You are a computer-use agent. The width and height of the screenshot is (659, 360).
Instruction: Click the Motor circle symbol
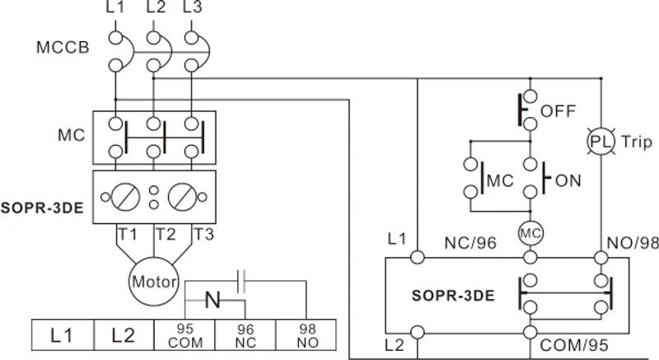pyautogui.click(x=154, y=282)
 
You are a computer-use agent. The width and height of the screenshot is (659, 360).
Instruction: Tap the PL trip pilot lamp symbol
pyautogui.click(x=601, y=141)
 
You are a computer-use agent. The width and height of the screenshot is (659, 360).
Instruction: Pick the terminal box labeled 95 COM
pyautogui.click(x=184, y=334)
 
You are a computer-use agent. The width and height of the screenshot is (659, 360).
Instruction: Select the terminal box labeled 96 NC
pyautogui.click(x=245, y=334)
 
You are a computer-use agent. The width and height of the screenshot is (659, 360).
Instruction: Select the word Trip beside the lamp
pyautogui.click(x=636, y=141)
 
